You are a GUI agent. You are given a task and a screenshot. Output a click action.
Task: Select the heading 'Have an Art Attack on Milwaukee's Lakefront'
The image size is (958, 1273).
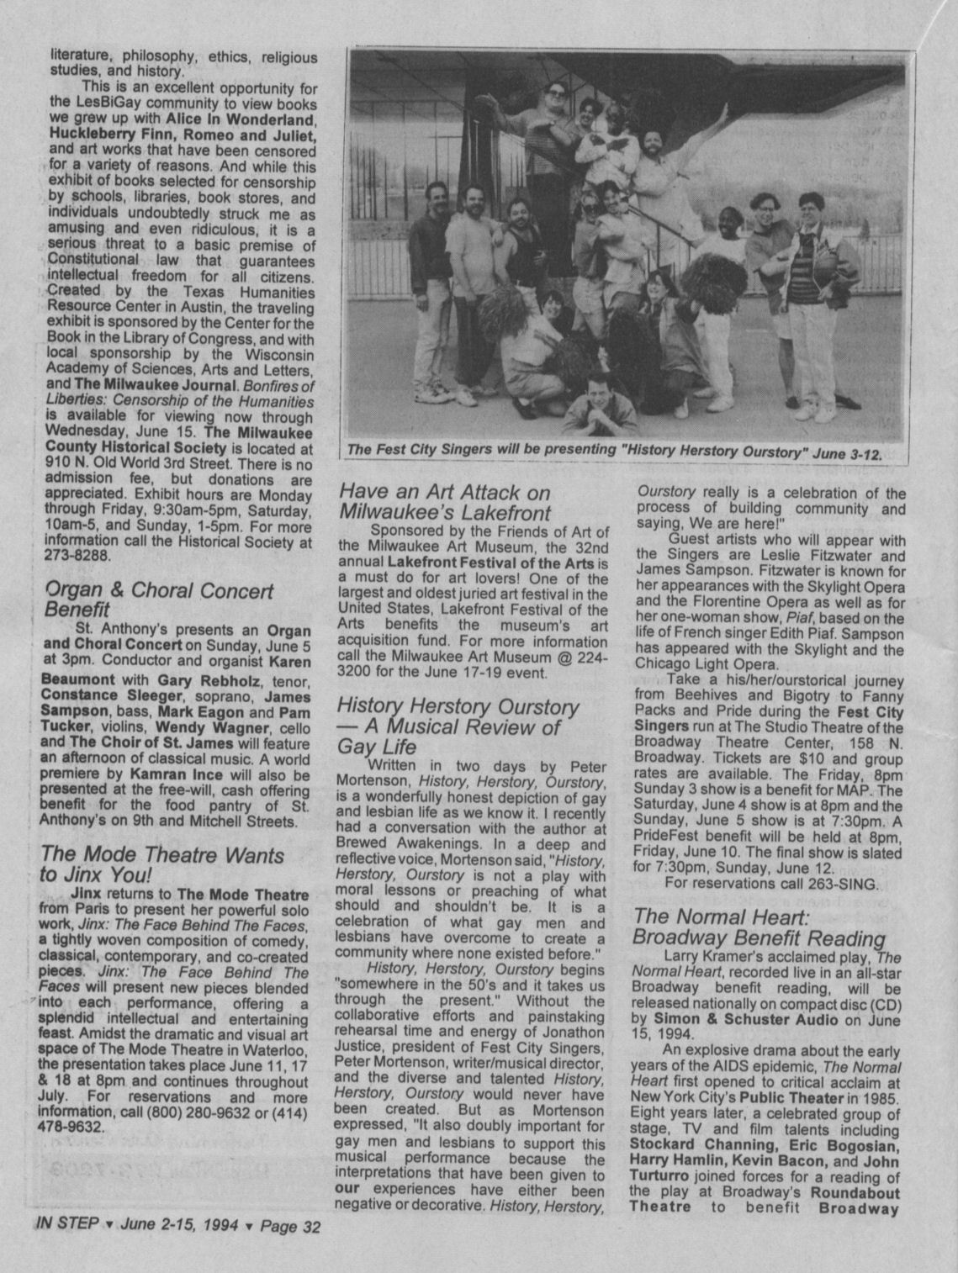click(445, 503)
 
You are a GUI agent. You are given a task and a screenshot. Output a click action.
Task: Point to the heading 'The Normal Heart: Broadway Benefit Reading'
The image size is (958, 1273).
click(760, 927)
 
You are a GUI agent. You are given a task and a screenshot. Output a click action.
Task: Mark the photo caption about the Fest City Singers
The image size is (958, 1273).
click(615, 452)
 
